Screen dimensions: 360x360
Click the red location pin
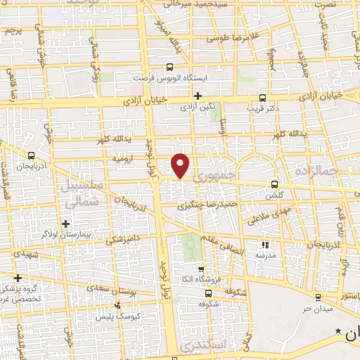click(x=181, y=165)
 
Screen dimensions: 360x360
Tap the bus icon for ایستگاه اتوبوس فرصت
click(x=168, y=67)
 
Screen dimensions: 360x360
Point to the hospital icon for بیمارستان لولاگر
click(x=65, y=224)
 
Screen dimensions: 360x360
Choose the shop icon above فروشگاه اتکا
click(x=202, y=269)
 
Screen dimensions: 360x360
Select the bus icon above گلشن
click(x=274, y=184)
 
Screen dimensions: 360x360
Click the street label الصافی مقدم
click(x=226, y=243)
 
